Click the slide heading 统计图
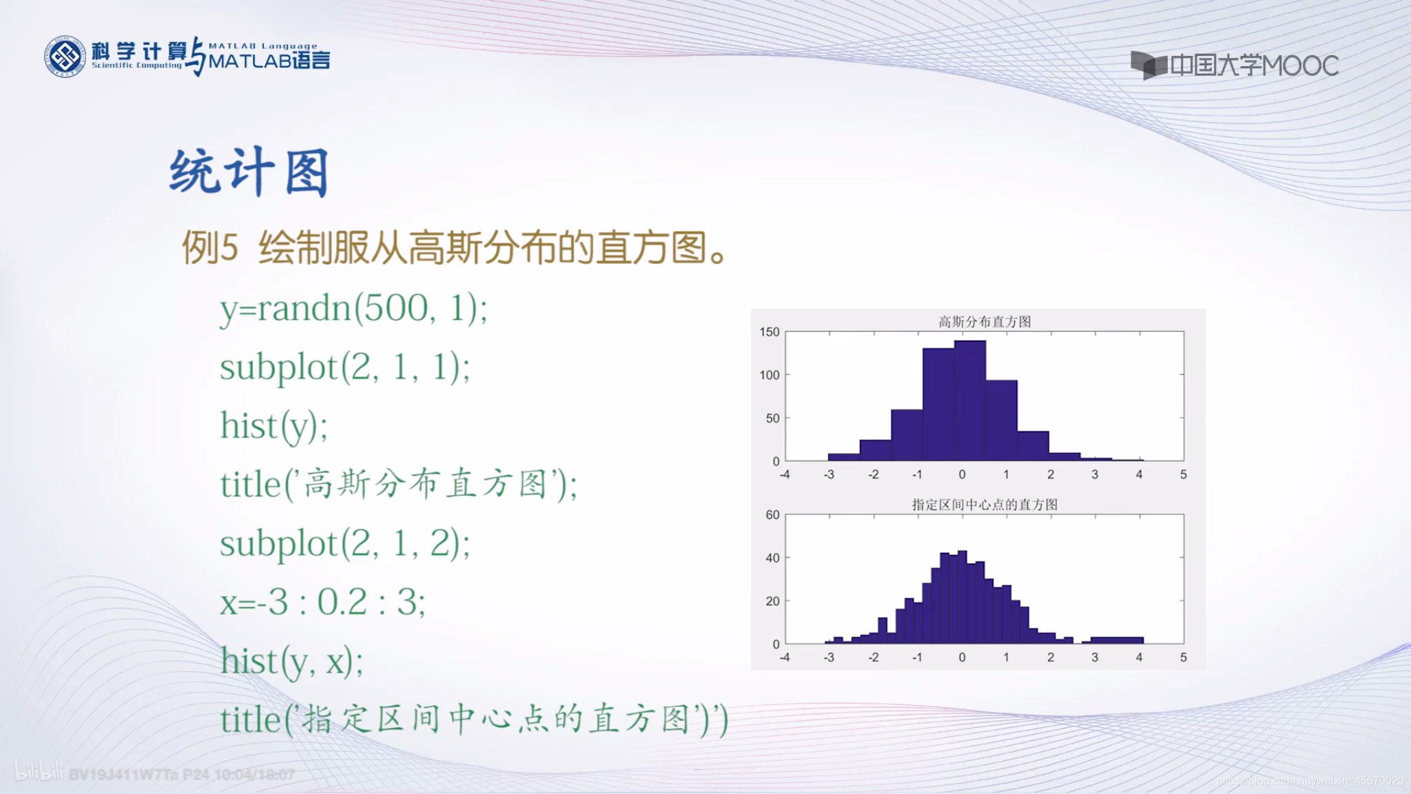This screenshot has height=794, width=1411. [x=249, y=172]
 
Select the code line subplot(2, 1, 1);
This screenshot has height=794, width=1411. [x=344, y=367]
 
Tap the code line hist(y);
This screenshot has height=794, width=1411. [x=274, y=426]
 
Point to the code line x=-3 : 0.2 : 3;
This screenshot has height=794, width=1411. [x=322, y=602]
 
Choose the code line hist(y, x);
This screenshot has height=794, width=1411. [x=291, y=662]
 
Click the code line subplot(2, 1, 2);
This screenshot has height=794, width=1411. [x=344, y=544]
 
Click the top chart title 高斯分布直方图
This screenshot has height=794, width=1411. [x=985, y=322]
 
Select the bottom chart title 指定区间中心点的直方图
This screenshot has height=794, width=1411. [x=985, y=505]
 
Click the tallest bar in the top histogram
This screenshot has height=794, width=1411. [x=969, y=400]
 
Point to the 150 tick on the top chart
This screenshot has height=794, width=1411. [x=770, y=332]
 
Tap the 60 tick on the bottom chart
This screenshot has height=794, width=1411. [x=772, y=515]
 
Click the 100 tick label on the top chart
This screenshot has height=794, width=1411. [x=770, y=375]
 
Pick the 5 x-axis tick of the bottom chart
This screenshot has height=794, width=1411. [x=1183, y=658]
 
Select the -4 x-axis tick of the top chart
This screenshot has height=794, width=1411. [x=784, y=475]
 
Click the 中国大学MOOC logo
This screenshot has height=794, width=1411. [x=1235, y=65]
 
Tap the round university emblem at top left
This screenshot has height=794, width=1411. [x=65, y=57]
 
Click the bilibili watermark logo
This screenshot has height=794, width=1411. [x=39, y=771]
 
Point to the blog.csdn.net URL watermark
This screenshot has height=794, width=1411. [x=1310, y=781]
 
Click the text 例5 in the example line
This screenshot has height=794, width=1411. [x=209, y=248]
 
